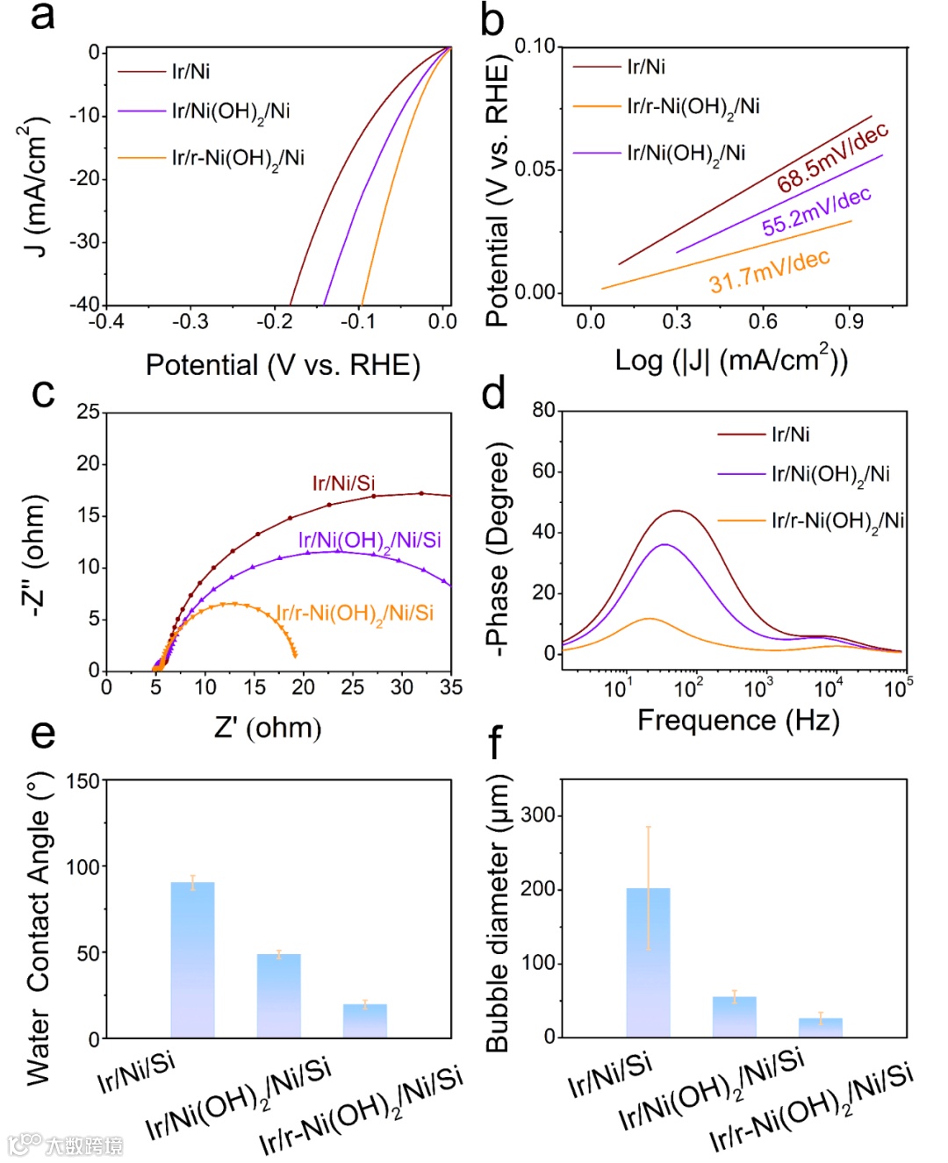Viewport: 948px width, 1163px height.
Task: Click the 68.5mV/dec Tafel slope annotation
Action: click(832, 157)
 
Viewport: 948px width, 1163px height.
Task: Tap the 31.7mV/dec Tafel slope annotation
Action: click(770, 271)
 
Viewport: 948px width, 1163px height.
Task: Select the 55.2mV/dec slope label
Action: click(816, 212)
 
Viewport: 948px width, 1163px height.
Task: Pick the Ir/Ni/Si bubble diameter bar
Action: click(648, 962)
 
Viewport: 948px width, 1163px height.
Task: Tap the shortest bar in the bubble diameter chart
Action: click(820, 1027)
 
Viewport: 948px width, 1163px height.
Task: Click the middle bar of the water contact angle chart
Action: click(279, 995)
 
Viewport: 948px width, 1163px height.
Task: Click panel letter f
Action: click(494, 743)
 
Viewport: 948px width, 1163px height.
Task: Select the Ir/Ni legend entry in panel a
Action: click(190, 71)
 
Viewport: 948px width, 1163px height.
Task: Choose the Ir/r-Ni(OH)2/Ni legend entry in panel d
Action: click(837, 521)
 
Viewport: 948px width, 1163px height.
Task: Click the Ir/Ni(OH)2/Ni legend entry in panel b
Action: click(686, 154)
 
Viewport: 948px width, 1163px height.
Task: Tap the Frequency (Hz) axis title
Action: click(738, 721)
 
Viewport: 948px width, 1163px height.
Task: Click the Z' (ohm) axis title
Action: click(268, 728)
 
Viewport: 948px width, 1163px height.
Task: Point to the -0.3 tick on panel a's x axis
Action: click(190, 322)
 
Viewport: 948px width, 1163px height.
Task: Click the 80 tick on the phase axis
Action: click(543, 410)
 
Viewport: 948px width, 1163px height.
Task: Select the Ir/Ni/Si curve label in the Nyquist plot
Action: click(343, 483)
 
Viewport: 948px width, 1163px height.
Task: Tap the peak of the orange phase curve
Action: click(648, 619)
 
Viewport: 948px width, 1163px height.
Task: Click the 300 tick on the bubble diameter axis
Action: click(538, 815)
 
